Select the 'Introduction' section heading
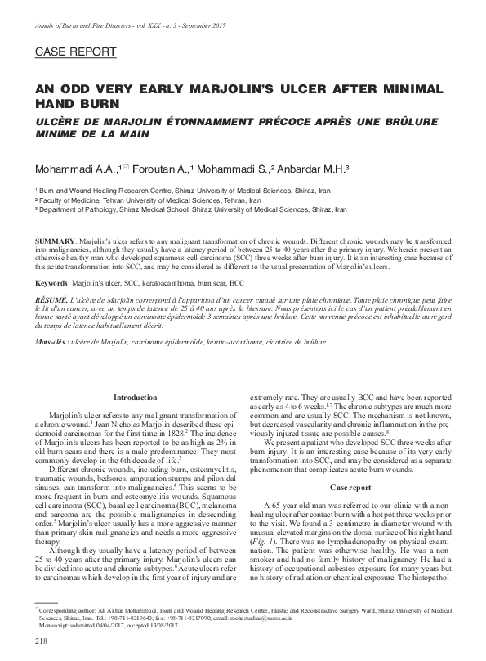point(135,397)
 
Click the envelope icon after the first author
point(124,167)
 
